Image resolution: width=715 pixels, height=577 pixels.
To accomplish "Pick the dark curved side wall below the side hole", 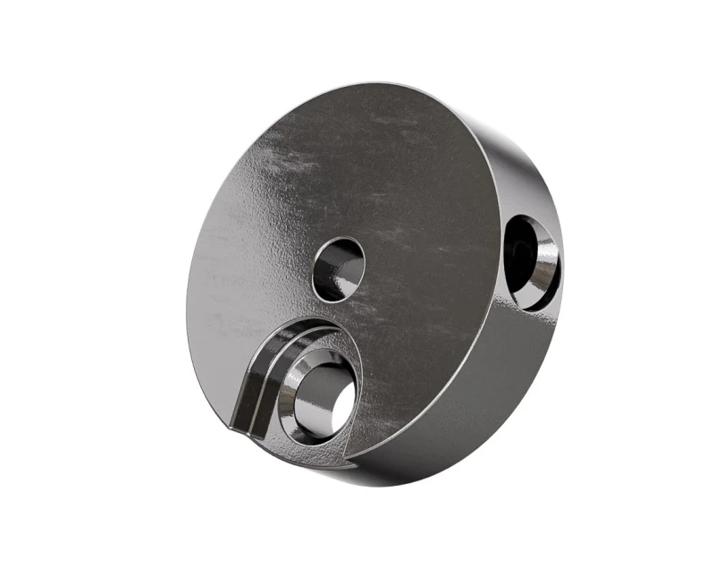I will (500, 376).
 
